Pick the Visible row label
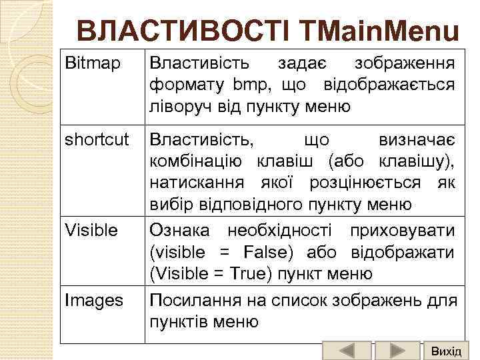coord(91,230)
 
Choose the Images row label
coord(94,301)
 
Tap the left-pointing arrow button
coord(346,351)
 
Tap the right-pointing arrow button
coord(397,351)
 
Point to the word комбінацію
coord(197,161)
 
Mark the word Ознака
coord(179,231)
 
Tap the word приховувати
coord(408,231)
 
